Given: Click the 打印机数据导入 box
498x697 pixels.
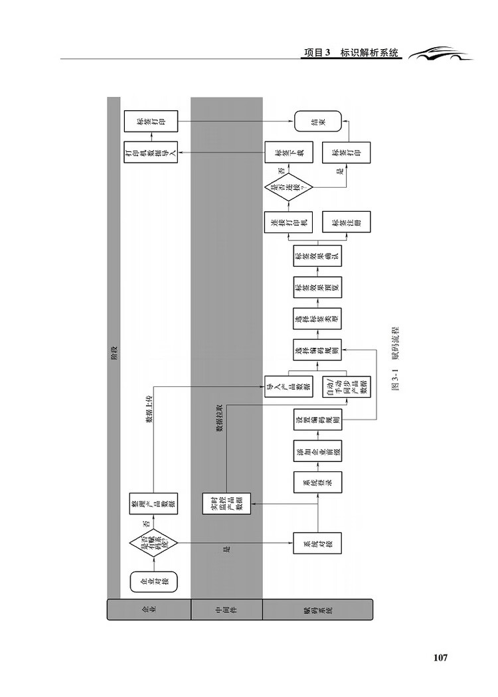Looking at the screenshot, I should point(149,153).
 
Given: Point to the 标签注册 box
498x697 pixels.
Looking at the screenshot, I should point(346,224).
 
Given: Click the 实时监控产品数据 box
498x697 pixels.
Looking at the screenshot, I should point(226,503).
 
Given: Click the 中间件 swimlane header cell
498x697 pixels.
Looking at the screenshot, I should point(226,609).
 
